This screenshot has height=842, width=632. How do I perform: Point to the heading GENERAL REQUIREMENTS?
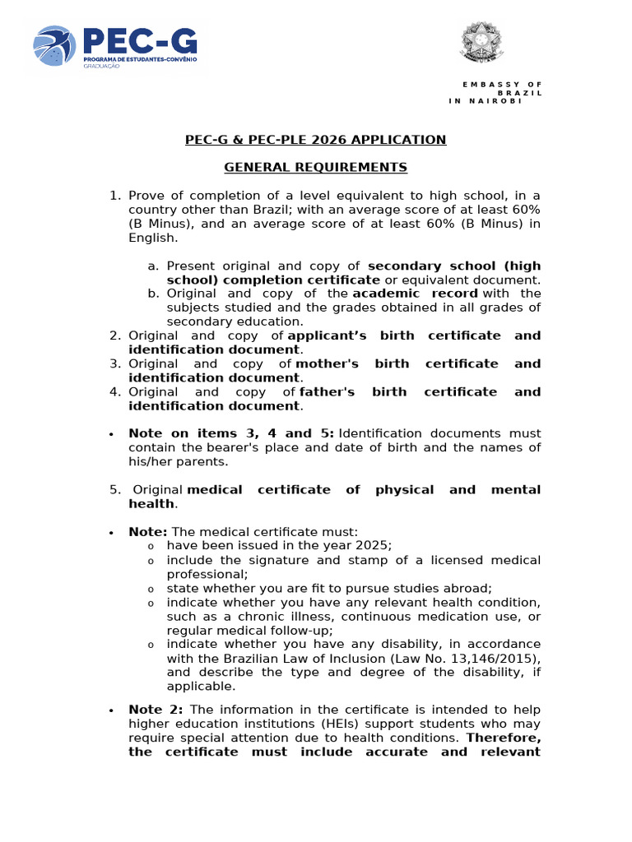(316, 168)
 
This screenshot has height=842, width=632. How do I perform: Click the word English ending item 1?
(152, 238)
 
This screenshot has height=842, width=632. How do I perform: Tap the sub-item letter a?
(152, 266)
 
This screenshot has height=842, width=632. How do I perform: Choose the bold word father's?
(327, 392)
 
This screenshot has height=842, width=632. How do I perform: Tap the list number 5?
(115, 490)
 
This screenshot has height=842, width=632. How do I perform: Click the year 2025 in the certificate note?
(375, 546)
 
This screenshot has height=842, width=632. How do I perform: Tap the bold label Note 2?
(157, 710)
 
